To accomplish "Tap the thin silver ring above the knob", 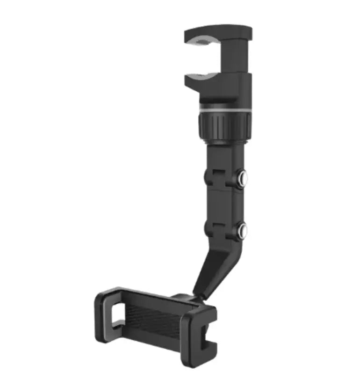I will click(x=224, y=109).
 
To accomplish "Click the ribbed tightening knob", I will click(x=224, y=124).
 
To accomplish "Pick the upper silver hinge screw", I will click(x=243, y=177).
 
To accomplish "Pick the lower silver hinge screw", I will click(x=243, y=229).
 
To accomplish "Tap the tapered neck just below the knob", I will click(x=223, y=150).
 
